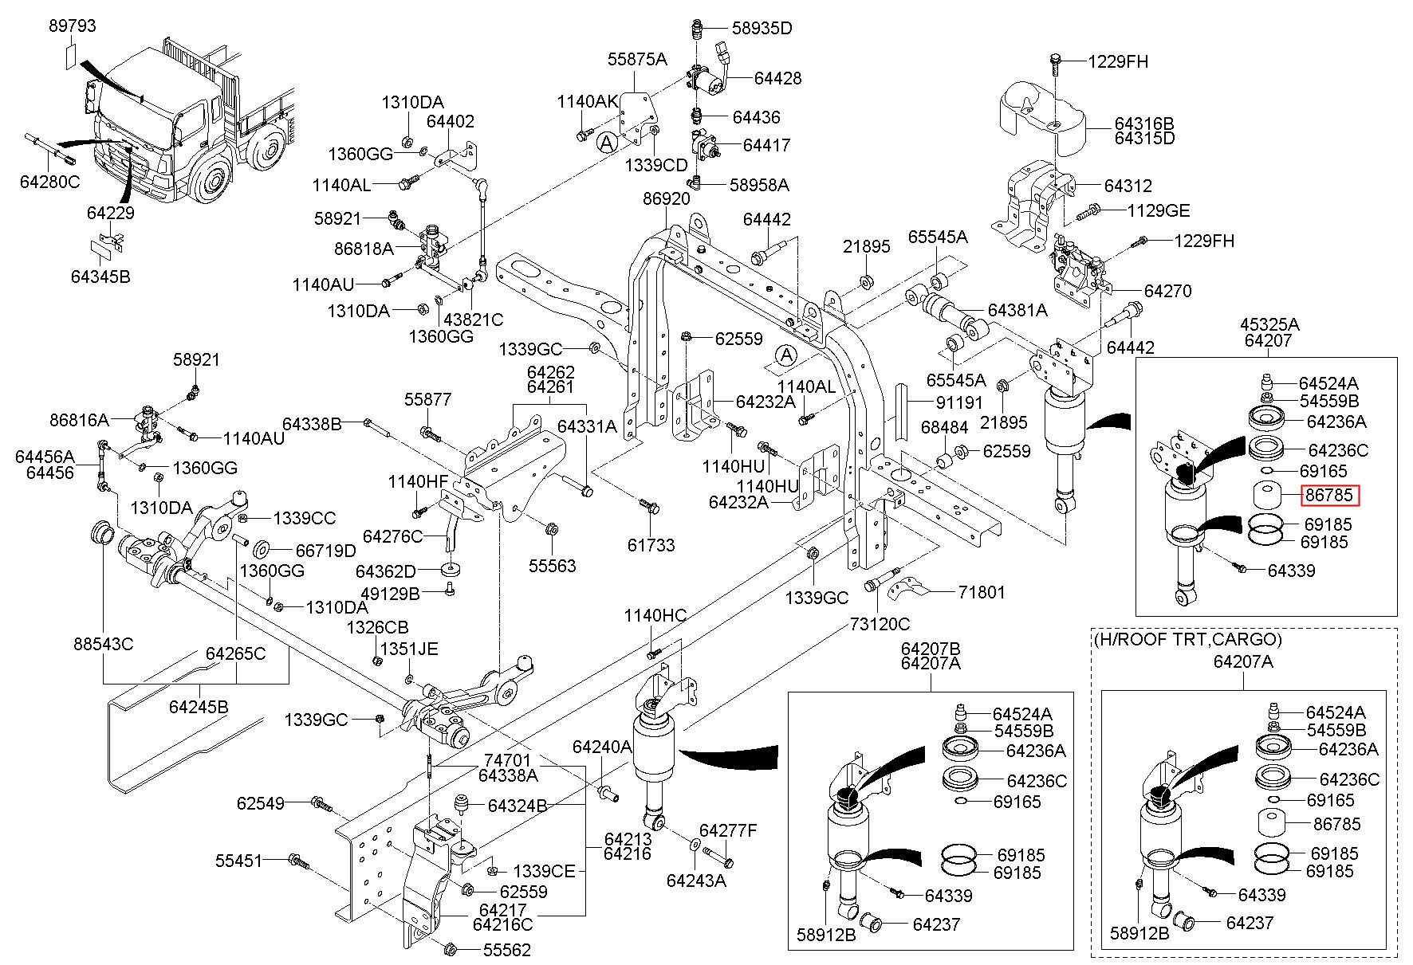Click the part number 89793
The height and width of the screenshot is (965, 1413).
72,26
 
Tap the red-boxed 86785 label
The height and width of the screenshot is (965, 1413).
1328,496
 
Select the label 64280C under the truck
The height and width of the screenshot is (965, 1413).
49,182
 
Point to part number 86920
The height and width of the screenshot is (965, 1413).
666,199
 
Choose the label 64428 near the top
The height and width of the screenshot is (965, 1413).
777,78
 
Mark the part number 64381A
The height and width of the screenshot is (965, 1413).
1017,310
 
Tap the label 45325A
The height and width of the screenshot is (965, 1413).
1269,324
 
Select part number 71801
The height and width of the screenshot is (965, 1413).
982,592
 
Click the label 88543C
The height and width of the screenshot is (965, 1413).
104,644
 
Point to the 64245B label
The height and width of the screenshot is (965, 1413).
199,707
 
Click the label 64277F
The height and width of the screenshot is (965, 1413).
727,831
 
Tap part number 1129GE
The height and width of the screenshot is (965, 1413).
1158,210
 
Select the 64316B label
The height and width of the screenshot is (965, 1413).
1144,124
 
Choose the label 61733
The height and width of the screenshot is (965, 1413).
651,545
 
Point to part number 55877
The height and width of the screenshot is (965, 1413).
427,399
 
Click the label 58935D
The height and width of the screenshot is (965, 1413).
762,29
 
